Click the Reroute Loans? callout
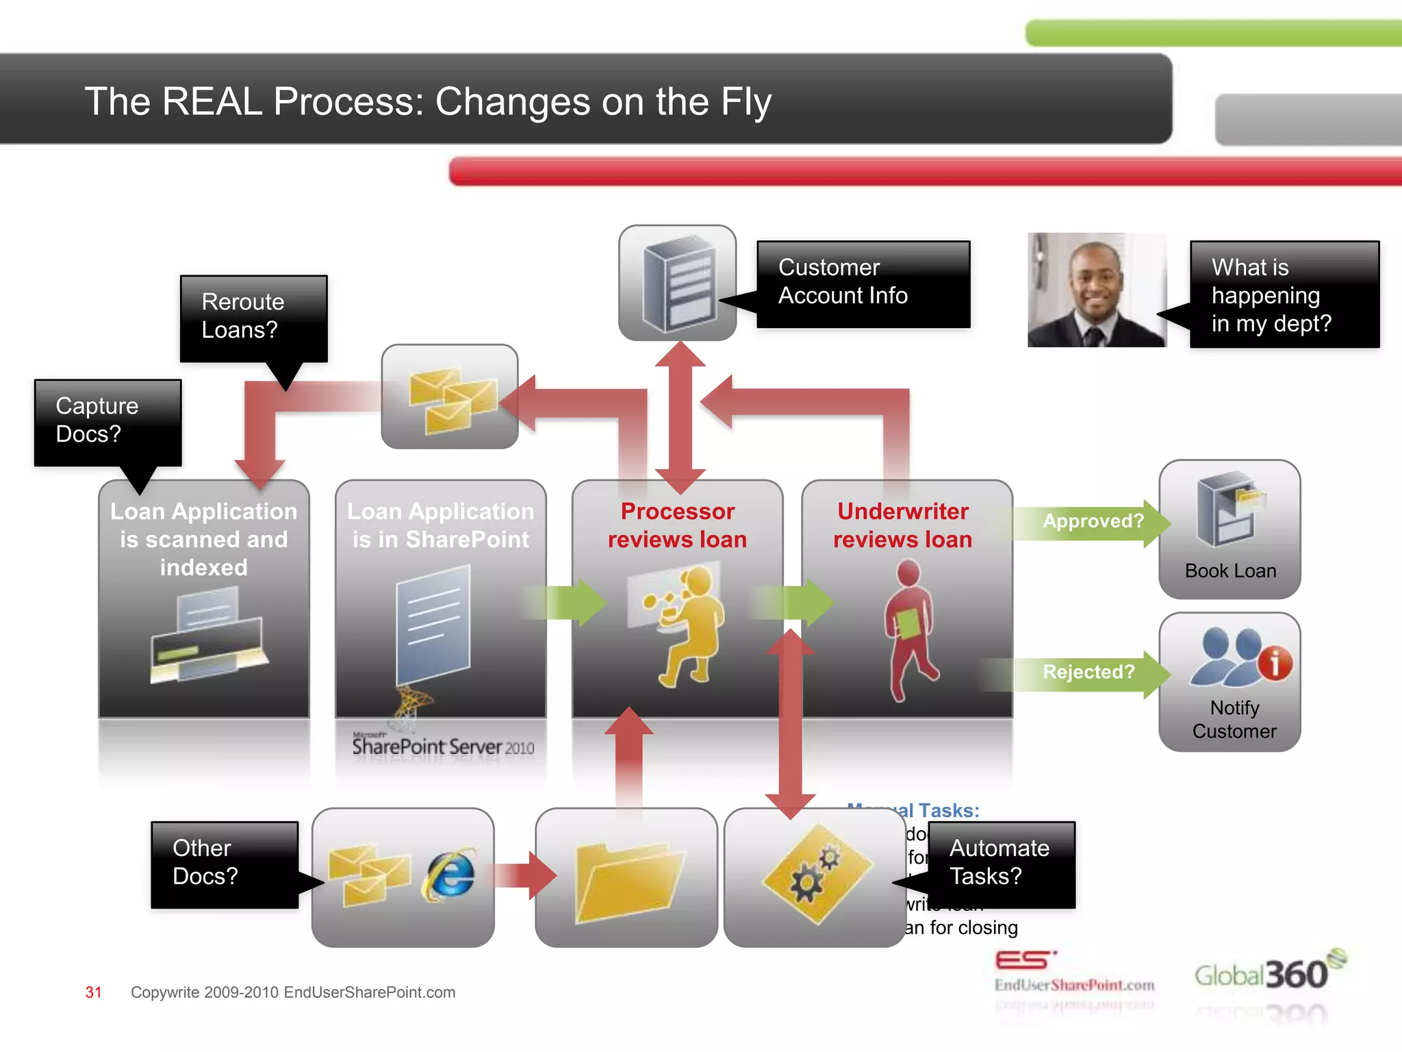[x=253, y=317]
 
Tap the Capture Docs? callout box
[x=107, y=421]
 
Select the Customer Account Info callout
[x=863, y=283]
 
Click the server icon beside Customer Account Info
[x=678, y=283]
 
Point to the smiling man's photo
[x=1097, y=290]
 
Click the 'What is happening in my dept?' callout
[x=1284, y=295]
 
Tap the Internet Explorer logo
[x=450, y=875]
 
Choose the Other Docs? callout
[x=225, y=864]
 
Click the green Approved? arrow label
[x=1092, y=522]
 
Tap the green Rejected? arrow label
[x=1088, y=673]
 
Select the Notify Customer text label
[x=1234, y=719]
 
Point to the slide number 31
[x=93, y=992]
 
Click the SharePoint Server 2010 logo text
[x=442, y=747]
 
